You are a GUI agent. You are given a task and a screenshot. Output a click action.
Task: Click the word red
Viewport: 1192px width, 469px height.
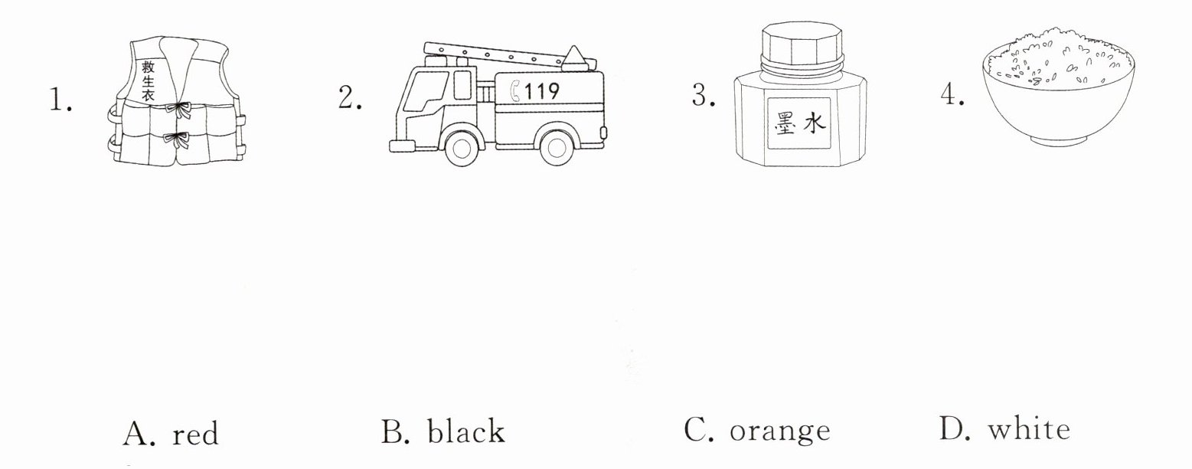(194, 434)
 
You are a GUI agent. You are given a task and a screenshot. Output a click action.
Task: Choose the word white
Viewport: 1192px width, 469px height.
(1028, 429)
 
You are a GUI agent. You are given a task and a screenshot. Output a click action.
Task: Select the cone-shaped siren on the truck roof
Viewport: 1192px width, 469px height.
(577, 56)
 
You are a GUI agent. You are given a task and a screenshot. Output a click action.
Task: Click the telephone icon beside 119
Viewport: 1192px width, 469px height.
(515, 91)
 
